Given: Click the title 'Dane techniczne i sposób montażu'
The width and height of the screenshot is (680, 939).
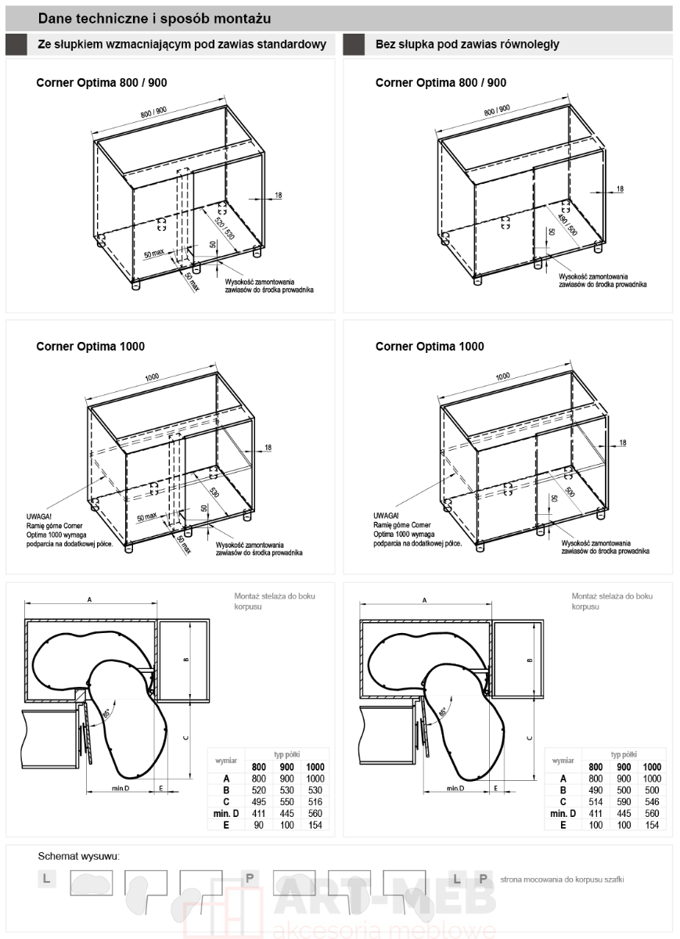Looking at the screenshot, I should (155, 18).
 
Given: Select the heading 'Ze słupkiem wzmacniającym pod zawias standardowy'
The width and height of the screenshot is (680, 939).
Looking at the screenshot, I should (182, 45).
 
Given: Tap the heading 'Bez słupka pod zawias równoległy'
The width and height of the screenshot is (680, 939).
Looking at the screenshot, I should (467, 45).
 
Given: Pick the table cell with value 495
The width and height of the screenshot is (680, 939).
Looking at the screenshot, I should (258, 802).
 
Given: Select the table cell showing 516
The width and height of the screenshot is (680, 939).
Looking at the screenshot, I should (315, 802).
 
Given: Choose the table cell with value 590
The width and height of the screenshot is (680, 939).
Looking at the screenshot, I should (624, 802).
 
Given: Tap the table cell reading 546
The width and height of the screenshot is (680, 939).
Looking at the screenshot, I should (653, 802).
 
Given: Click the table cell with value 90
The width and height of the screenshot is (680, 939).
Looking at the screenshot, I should (258, 826).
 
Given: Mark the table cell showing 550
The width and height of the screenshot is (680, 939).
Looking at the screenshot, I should (286, 802).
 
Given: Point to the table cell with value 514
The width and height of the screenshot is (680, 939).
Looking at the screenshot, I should (596, 802).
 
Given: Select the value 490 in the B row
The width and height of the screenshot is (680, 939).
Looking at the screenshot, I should (596, 790).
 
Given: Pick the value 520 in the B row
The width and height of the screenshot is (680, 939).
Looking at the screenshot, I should (258, 790).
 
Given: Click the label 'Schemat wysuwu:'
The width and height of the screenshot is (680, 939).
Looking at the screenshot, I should (79, 858).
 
